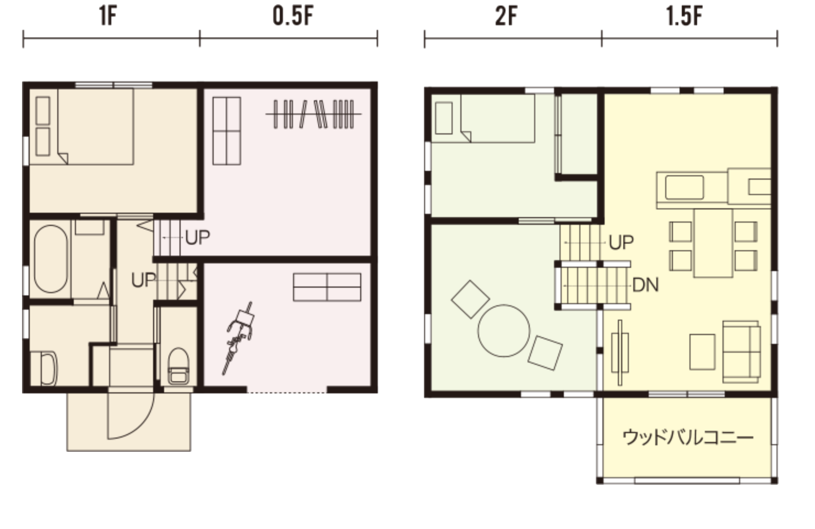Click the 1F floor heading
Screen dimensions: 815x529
coord(108,17)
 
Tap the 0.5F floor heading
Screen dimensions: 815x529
coord(293,17)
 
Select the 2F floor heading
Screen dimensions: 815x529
coord(506,17)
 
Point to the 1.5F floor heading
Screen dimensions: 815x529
coord(684,17)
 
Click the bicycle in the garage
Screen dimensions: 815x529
coord(238,338)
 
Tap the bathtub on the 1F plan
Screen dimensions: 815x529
coord(51,259)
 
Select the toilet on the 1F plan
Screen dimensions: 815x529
coord(178,366)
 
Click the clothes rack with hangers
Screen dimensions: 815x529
coord(314,114)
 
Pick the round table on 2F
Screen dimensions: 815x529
coord(503,331)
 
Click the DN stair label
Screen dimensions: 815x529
coord(645,285)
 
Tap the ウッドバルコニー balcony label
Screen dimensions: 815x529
coord(688,438)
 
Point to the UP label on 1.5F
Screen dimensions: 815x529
coord(621,242)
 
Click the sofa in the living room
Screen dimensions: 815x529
coord(741,352)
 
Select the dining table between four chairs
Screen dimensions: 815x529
coord(713,243)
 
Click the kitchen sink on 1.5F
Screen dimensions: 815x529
coord(684,187)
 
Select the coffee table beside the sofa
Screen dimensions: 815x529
coord(702,352)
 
